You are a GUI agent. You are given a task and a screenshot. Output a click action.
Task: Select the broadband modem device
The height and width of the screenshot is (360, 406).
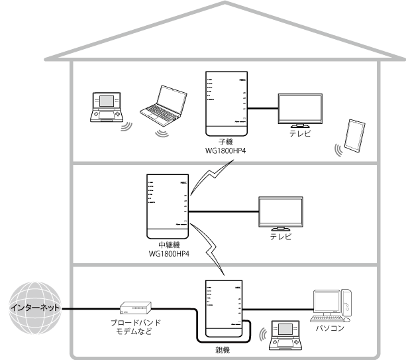[135, 308]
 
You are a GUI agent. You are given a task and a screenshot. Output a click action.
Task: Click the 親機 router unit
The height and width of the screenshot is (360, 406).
[227, 304]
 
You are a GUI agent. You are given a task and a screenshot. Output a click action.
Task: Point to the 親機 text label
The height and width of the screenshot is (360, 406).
[227, 347]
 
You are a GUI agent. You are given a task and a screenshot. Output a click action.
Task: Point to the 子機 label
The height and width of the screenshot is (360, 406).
[227, 142]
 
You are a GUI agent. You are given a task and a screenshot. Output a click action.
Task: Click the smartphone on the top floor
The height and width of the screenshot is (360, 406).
[356, 136]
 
